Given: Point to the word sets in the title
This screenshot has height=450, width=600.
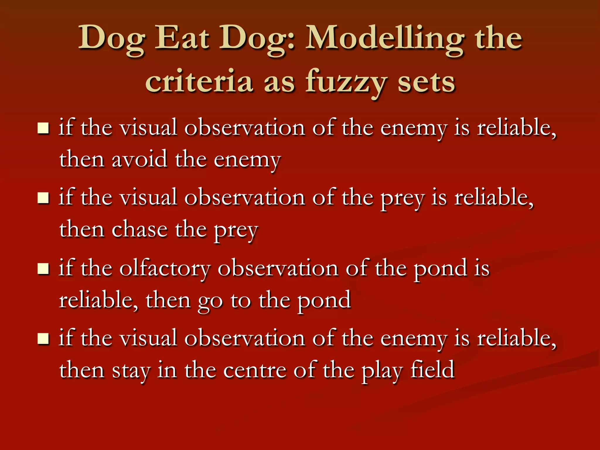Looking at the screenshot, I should tap(426, 82).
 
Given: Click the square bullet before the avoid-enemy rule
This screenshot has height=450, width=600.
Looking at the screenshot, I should tap(43, 128).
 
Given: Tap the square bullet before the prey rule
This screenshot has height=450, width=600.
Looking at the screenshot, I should tap(43, 198).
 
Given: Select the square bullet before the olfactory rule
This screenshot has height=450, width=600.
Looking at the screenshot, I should tap(43, 268).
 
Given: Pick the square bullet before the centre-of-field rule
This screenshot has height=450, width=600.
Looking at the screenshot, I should tap(43, 338).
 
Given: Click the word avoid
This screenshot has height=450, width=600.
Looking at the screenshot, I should tap(139, 159).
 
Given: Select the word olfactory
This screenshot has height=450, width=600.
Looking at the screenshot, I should tap(165, 268).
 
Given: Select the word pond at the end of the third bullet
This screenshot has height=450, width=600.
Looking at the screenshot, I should tap(324, 300).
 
